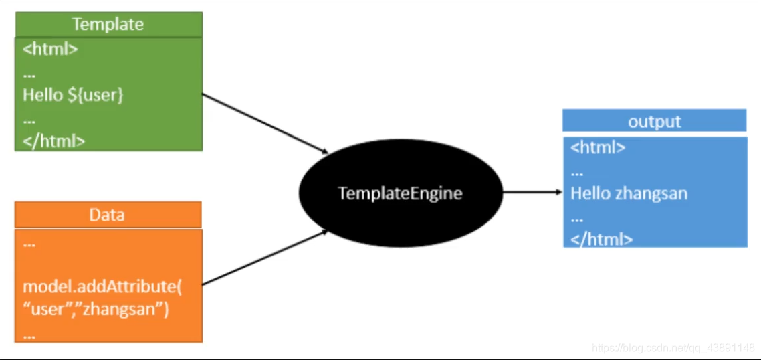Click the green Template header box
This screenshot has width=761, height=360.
point(108,24)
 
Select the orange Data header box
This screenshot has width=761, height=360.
point(108,215)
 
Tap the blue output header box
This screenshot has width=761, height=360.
point(654,121)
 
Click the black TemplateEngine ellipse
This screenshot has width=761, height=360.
point(400,193)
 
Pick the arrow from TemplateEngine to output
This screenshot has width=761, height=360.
point(532,192)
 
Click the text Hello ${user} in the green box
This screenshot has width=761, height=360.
point(73,95)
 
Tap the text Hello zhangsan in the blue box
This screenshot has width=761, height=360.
point(629,194)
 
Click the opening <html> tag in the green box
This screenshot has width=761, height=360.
point(50,50)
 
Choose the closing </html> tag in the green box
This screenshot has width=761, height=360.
point(53,141)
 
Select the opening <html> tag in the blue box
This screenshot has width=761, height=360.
point(598,147)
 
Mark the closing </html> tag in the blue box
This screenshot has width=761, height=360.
point(601,239)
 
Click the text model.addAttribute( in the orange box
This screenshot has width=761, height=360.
point(102,287)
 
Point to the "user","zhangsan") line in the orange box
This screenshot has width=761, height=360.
point(96,310)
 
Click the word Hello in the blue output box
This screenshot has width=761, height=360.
point(590,194)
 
